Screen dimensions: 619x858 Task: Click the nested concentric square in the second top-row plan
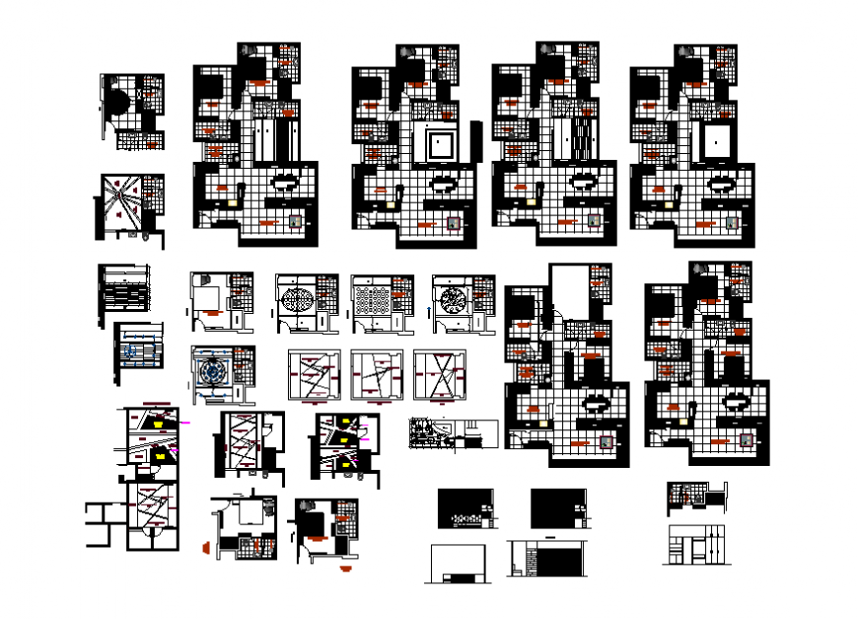point(439,146)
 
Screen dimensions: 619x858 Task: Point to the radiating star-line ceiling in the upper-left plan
point(120,205)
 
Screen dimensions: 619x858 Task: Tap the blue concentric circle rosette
point(213,373)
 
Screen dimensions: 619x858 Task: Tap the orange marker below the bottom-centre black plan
point(344,569)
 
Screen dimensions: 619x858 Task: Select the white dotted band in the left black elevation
point(467,516)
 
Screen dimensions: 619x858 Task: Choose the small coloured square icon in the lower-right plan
point(746,441)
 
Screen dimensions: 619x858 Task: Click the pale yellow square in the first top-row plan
point(234,201)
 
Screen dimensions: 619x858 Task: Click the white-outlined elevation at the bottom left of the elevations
point(458,563)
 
